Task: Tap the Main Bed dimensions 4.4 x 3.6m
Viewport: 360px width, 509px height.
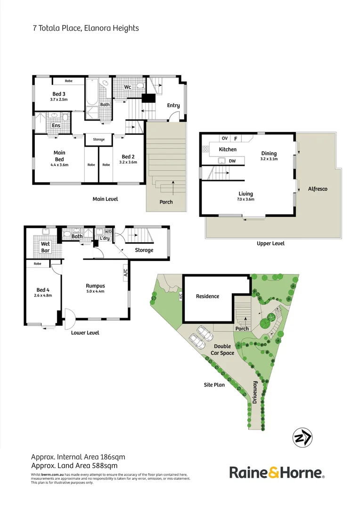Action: point(59,165)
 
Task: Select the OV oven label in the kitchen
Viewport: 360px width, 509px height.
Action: point(225,139)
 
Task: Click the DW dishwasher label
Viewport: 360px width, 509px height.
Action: point(232,161)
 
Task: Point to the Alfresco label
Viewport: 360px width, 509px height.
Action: point(318,189)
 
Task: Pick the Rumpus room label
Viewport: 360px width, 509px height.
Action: point(95,286)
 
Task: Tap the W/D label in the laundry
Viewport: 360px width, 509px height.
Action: point(108,231)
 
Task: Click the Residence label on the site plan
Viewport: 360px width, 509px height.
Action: point(208,296)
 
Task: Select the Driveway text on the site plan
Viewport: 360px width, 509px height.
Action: point(255,393)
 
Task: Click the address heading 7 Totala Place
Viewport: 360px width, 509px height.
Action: point(85,28)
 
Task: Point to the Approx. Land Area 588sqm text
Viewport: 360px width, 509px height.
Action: point(74,466)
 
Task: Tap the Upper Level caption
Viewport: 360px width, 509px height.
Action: point(270,244)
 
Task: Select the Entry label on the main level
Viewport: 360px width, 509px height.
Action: point(173,106)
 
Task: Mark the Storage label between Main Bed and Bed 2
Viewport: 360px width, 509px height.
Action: point(98,140)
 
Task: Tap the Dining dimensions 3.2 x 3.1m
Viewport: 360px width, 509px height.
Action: point(270,159)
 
